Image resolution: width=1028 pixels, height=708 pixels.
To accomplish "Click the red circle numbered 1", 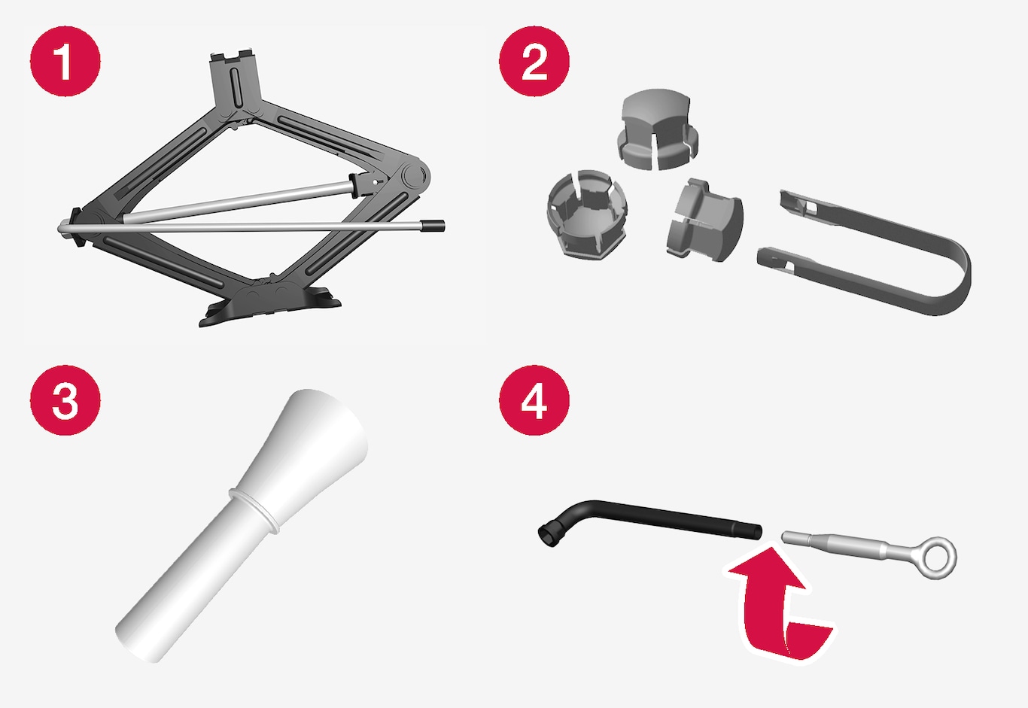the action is [65, 61].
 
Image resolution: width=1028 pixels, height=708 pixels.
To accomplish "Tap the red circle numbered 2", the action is [534, 61].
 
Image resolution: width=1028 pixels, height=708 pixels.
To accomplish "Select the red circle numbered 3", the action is [65, 400].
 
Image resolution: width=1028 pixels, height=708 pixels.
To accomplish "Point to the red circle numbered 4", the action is [534, 400].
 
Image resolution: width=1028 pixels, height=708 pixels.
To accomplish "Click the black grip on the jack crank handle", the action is [433, 226].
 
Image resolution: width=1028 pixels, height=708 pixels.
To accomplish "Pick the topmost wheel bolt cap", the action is [657, 129].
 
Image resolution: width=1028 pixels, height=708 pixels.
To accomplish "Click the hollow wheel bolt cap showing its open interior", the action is [587, 214].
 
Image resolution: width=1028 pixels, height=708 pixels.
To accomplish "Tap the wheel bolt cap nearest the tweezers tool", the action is [704, 220].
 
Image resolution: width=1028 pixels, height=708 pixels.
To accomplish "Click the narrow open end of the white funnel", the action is [138, 643].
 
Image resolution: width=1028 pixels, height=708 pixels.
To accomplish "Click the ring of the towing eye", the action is [938, 558].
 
